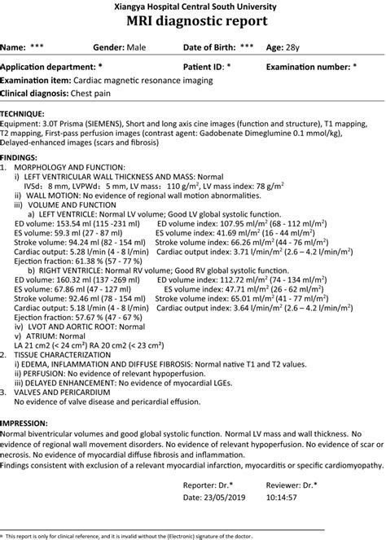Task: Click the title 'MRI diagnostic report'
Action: tap(192, 21)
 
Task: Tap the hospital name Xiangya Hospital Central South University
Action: tap(192, 6)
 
